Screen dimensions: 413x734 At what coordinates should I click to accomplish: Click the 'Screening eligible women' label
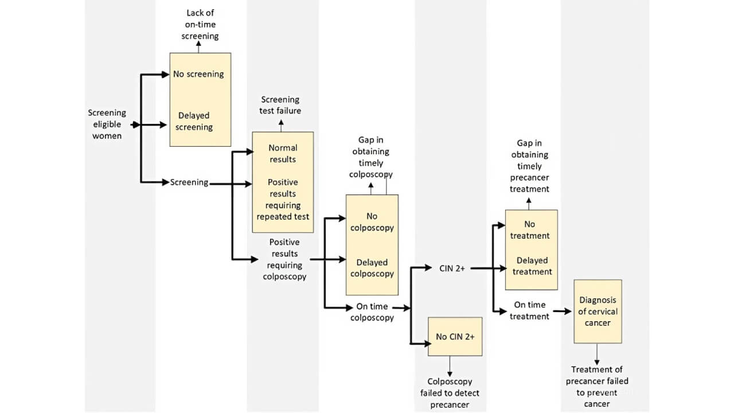click(x=107, y=124)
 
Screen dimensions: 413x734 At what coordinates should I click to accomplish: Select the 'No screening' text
click(x=198, y=74)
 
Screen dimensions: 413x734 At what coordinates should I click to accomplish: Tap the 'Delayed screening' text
click(x=194, y=122)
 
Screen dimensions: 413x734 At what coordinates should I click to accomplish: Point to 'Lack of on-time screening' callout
click(x=200, y=25)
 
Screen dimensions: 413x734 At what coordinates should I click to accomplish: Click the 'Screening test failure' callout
click(x=280, y=105)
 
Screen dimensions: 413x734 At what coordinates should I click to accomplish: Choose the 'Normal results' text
click(x=283, y=153)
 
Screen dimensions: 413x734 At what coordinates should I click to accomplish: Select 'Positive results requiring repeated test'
click(x=283, y=199)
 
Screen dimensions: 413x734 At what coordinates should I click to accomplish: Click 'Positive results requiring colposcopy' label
click(x=284, y=259)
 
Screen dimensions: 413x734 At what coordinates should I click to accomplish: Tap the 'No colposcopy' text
click(x=372, y=222)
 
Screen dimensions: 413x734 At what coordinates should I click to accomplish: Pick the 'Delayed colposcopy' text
click(x=372, y=268)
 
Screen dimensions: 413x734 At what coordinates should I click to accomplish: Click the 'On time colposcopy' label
click(x=372, y=312)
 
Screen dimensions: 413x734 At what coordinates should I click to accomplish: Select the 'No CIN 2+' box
click(x=455, y=337)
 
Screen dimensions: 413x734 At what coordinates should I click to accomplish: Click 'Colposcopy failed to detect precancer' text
click(x=450, y=393)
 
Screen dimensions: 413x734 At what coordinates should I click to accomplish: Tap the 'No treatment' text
click(x=531, y=230)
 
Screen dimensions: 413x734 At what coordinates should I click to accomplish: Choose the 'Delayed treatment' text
click(x=532, y=266)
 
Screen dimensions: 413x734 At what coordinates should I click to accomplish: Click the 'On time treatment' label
click(x=529, y=310)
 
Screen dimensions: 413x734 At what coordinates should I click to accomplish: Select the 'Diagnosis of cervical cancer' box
click(x=598, y=311)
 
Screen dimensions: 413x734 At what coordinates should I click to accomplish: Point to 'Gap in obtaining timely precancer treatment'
click(x=529, y=166)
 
